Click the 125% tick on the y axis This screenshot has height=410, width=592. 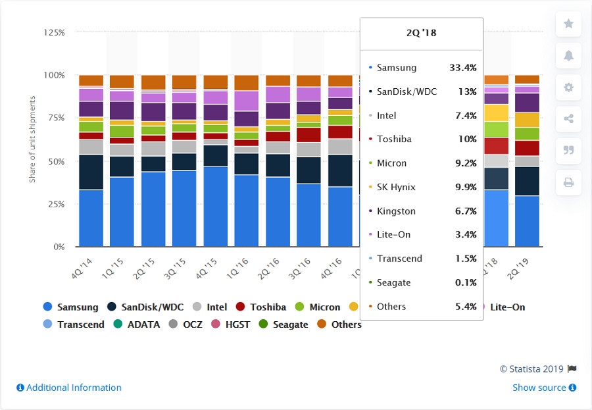(x=55, y=32)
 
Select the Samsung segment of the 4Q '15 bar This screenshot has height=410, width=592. (x=216, y=207)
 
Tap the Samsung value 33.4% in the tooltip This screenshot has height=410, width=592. (x=462, y=68)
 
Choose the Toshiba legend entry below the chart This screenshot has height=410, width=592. (x=262, y=307)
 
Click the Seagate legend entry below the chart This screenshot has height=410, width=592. (x=283, y=324)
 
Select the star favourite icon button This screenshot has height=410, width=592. (x=568, y=24)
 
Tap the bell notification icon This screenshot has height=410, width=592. (x=568, y=56)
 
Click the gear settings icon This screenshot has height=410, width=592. (x=568, y=88)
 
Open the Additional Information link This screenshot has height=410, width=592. (x=69, y=388)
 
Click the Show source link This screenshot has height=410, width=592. (x=544, y=388)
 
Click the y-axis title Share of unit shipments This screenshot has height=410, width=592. (x=32, y=139)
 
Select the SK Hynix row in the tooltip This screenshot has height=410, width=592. (x=422, y=188)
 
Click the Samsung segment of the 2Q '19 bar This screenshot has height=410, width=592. (x=527, y=221)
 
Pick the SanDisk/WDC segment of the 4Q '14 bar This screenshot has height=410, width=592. (x=91, y=172)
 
